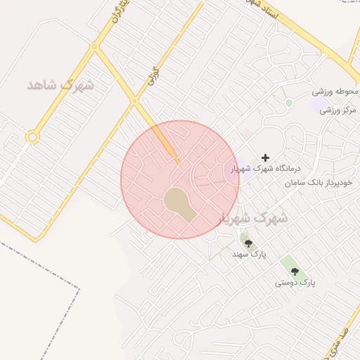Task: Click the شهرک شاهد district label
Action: [60, 84]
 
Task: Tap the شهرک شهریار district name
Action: [255, 217]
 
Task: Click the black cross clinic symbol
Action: [265, 157]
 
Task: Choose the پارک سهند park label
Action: [247, 254]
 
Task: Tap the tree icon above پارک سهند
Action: [247, 243]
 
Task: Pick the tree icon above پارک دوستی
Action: [295, 271]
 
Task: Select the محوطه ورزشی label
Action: [336, 92]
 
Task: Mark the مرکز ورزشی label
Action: [339, 110]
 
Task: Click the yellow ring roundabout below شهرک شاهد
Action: [32, 137]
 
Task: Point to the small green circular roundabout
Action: [289, 103]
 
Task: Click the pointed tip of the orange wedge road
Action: [179, 163]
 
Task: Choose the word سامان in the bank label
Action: [297, 183]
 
